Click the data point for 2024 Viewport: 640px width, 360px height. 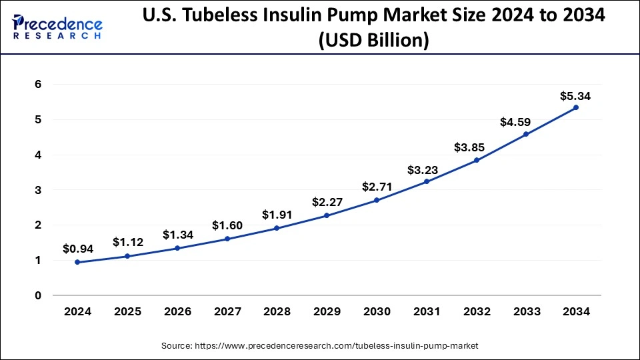pyautogui.click(x=78, y=262)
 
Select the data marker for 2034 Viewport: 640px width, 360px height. pyautogui.click(x=576, y=107)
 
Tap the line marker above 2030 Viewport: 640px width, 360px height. pyautogui.click(x=377, y=200)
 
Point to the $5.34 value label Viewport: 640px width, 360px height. pyautogui.click(x=575, y=96)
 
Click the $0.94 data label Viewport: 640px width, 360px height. pyautogui.click(x=78, y=249)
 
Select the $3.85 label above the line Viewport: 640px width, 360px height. pyautogui.click(x=476, y=147)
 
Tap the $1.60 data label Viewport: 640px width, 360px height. pyautogui.click(x=227, y=226)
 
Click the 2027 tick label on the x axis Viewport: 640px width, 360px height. pyautogui.click(x=227, y=311)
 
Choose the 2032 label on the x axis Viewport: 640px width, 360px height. pyautogui.click(x=476, y=311)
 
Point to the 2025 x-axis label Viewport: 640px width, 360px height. pyautogui.click(x=128, y=311)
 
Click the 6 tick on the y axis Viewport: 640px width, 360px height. pyautogui.click(x=39, y=85)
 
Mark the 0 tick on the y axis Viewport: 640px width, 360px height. pyautogui.click(x=39, y=295)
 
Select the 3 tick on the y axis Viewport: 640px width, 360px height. pyautogui.click(x=39, y=190)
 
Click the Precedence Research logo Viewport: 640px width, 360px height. pyautogui.click(x=57, y=27)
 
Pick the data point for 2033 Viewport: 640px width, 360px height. pyautogui.click(x=526, y=134)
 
